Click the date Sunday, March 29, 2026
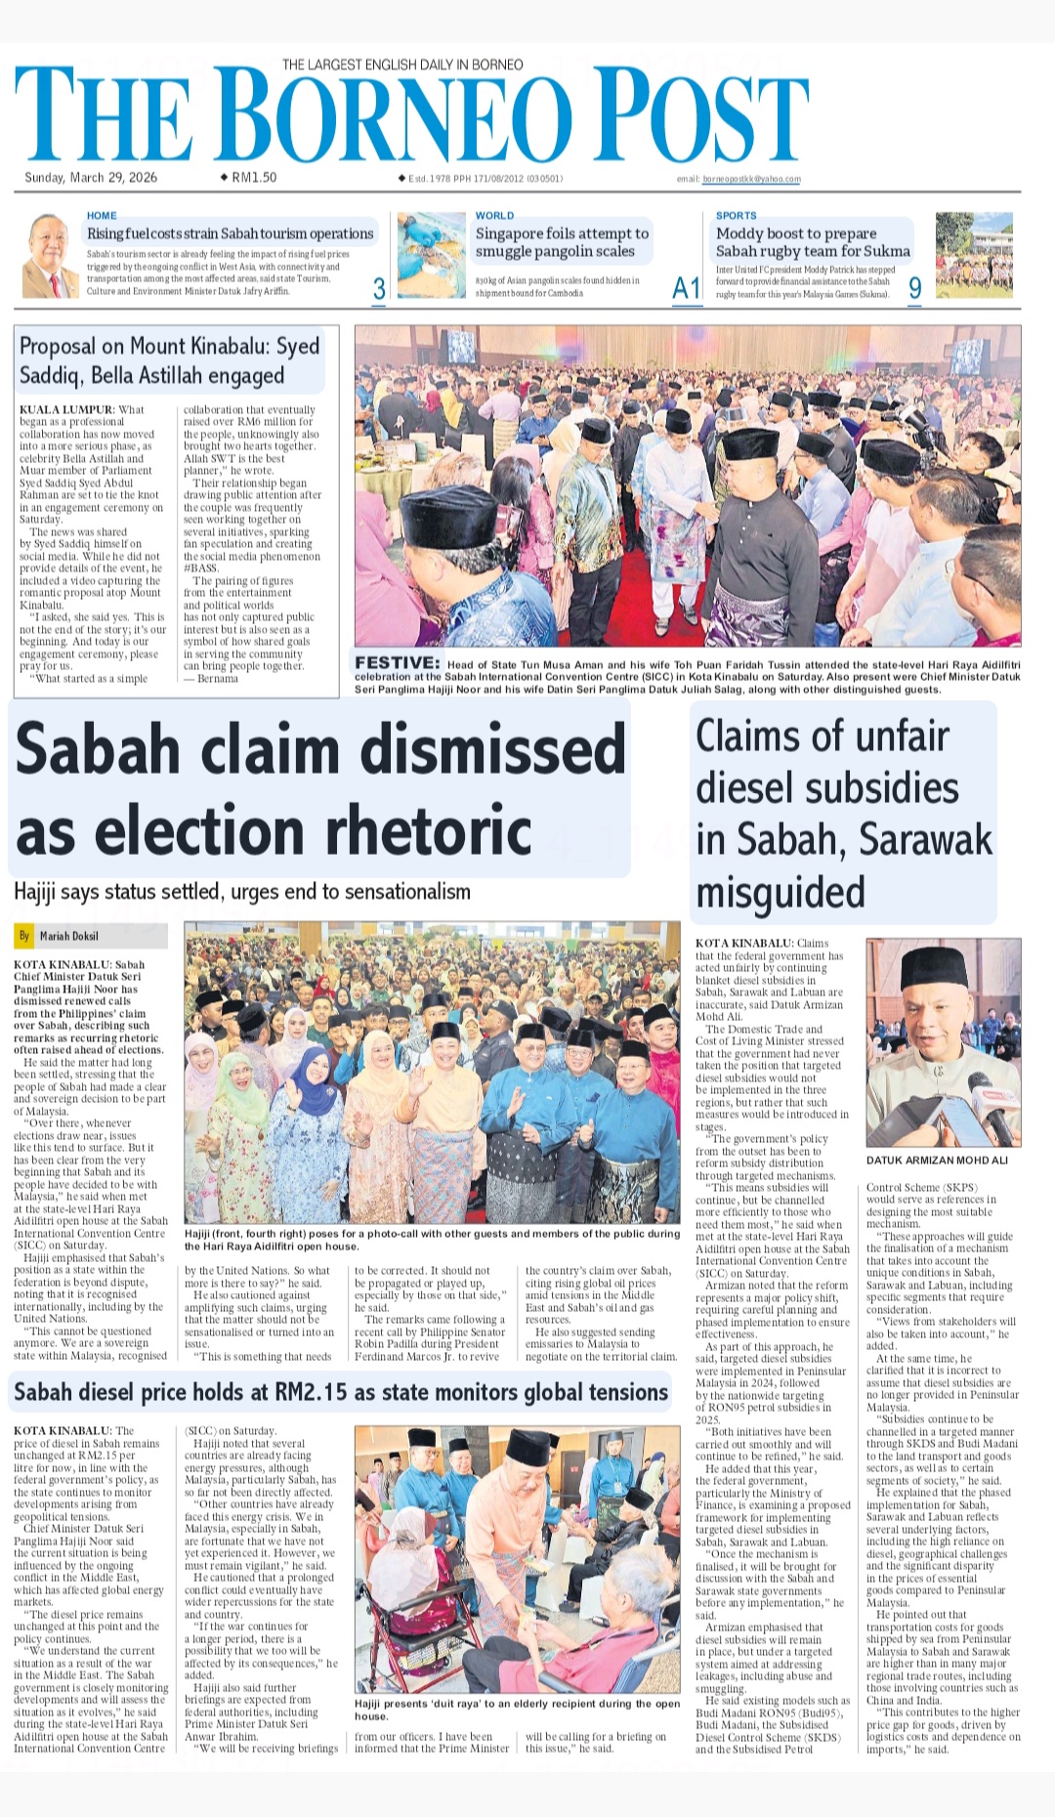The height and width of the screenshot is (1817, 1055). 91,178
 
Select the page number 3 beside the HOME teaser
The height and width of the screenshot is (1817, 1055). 379,288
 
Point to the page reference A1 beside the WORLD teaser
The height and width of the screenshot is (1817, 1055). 686,288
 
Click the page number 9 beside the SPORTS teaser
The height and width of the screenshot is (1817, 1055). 914,288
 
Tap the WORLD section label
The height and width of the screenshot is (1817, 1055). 494,216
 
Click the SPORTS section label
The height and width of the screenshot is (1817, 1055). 736,216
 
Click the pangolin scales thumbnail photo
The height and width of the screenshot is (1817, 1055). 431,256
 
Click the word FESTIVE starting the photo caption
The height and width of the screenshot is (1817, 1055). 397,663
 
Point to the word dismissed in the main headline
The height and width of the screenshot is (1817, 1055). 493,749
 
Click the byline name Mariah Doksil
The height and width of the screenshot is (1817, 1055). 68,936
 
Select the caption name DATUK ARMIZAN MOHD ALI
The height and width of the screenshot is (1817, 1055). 937,1161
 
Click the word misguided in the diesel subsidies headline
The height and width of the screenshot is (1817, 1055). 781,892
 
